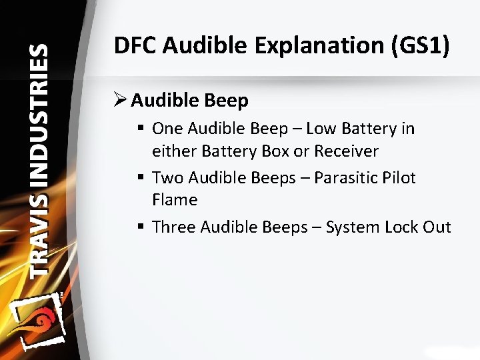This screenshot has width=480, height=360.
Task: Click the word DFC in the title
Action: click(x=135, y=46)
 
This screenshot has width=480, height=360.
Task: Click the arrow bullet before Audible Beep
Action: click(x=121, y=101)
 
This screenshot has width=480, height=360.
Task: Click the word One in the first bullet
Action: click(x=168, y=128)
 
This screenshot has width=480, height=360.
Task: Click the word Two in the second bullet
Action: click(x=168, y=178)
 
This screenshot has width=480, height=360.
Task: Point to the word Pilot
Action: click(x=400, y=178)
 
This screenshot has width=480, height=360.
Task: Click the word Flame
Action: click(x=175, y=200)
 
